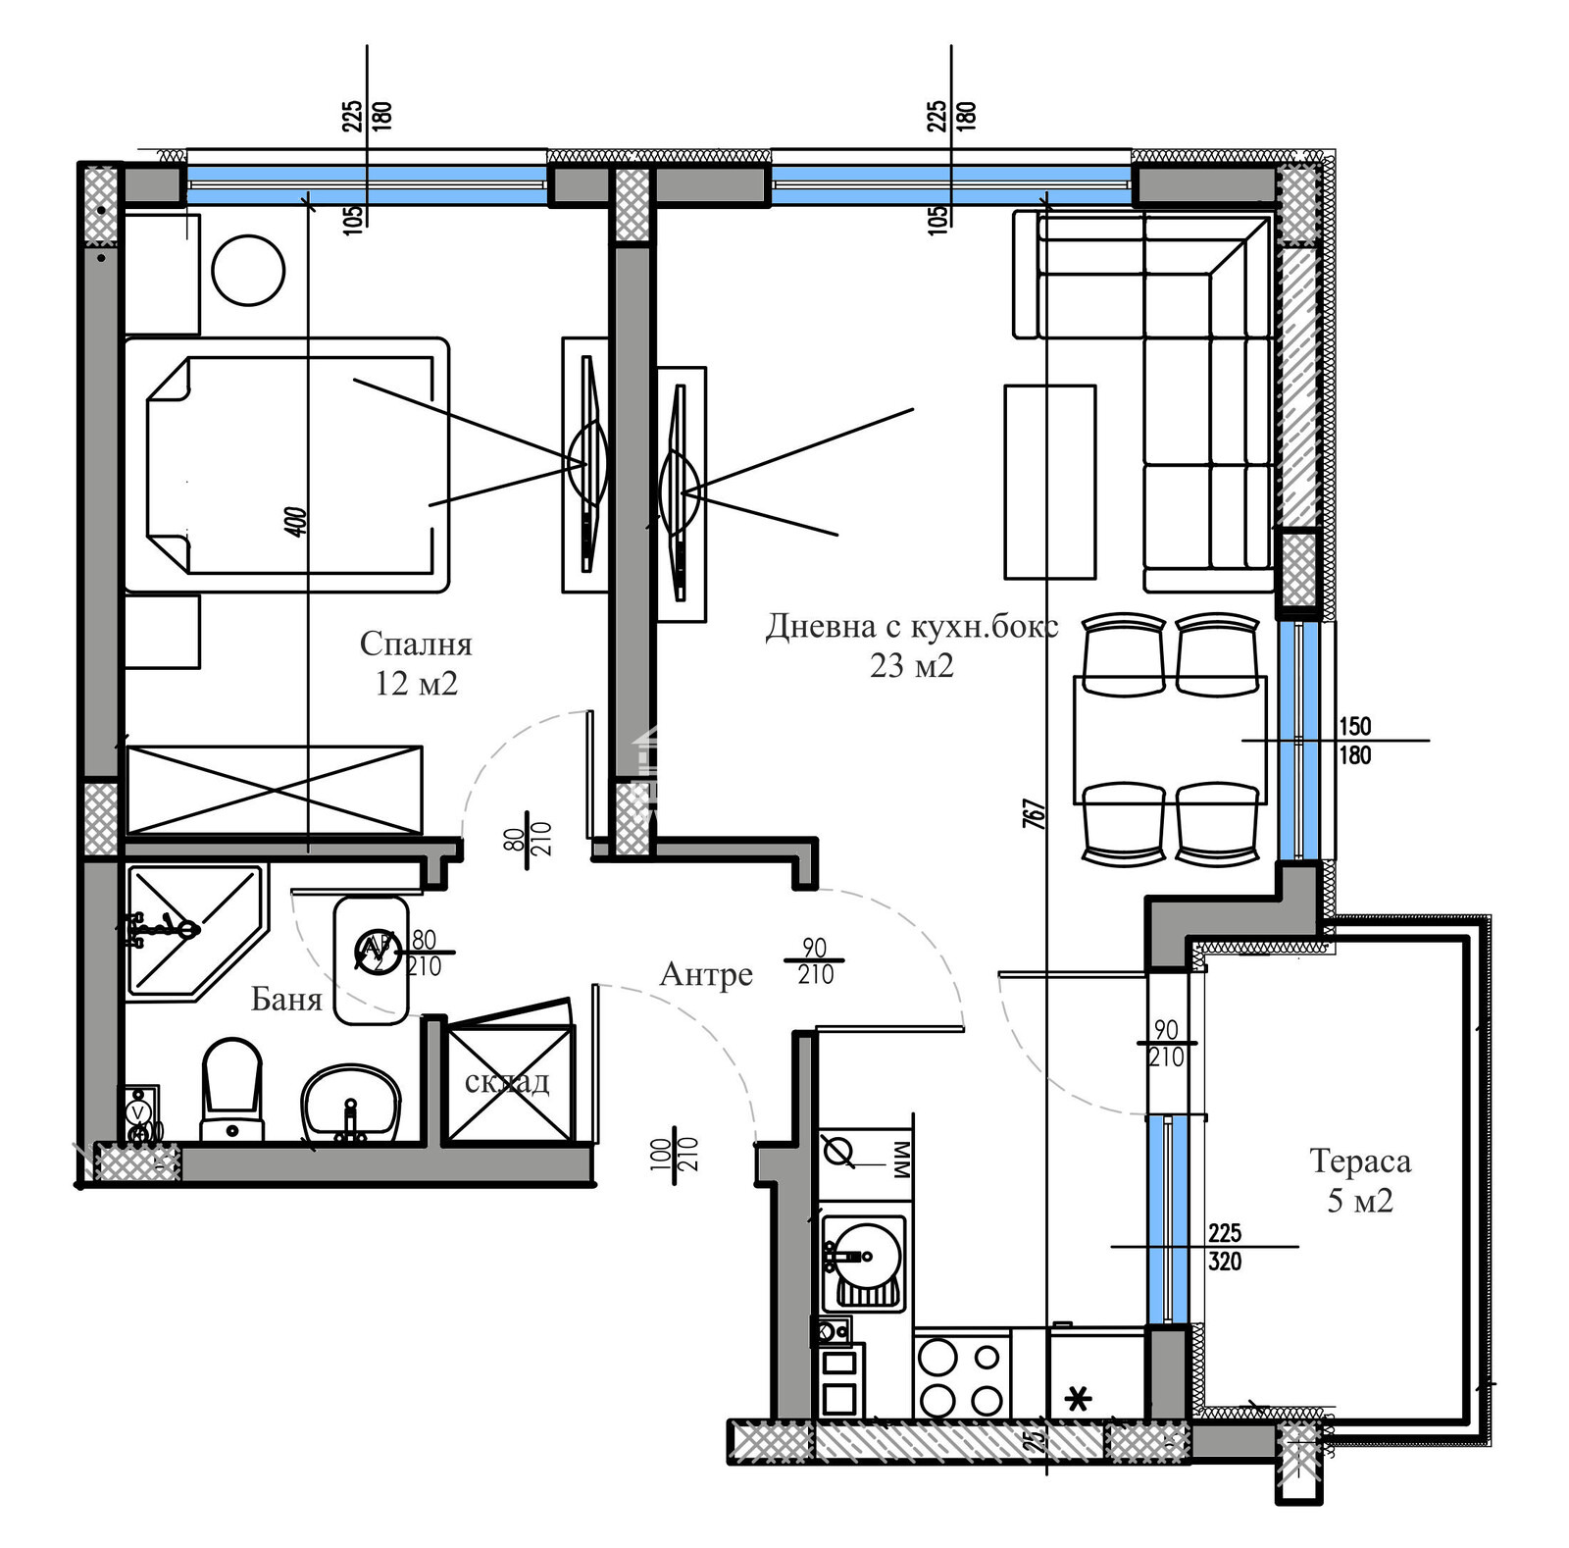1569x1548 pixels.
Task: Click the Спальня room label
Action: click(x=416, y=644)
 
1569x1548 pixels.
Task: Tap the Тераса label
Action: click(x=1360, y=1161)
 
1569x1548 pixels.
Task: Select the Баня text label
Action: click(x=286, y=999)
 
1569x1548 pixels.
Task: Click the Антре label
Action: click(x=706, y=974)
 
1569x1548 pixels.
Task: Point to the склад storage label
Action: click(x=507, y=1081)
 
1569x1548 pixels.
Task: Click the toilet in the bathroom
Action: click(x=231, y=1089)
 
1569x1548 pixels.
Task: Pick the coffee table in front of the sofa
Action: click(x=1049, y=482)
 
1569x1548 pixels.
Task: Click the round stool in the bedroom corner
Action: click(x=248, y=270)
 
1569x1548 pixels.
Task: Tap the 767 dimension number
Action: click(x=1035, y=813)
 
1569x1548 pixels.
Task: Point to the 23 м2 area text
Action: click(x=911, y=666)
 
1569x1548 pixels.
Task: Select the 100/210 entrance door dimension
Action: click(x=676, y=1157)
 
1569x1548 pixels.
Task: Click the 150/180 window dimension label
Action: click(x=1354, y=741)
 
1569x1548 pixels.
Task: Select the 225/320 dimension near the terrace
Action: click(x=1225, y=1247)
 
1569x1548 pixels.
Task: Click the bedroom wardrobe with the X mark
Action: click(x=274, y=790)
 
